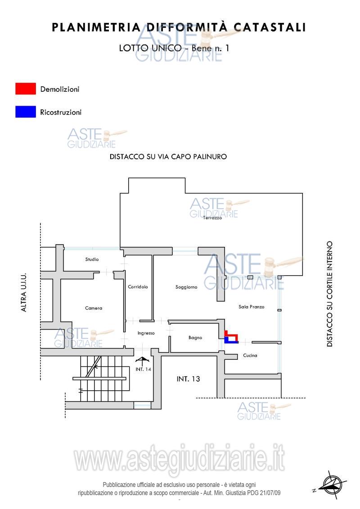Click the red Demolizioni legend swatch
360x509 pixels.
point(26,89)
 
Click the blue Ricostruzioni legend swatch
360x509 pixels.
point(26,112)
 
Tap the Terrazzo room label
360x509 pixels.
point(212,218)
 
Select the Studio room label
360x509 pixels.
point(92,259)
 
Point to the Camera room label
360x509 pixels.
point(94,308)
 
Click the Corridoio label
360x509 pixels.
point(138,286)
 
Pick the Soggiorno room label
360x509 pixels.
point(186,287)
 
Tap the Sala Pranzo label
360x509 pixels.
point(252,307)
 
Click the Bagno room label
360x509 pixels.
point(195,338)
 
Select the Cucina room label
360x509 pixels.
point(250,356)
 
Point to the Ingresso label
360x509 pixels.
point(146,333)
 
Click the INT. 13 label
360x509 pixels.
point(189,379)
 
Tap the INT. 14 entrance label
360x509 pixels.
point(143,370)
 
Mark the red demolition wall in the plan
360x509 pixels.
point(231,335)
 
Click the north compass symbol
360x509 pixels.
point(331,484)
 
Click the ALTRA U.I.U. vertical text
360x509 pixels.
point(24,292)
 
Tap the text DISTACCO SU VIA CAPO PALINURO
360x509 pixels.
point(168,156)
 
